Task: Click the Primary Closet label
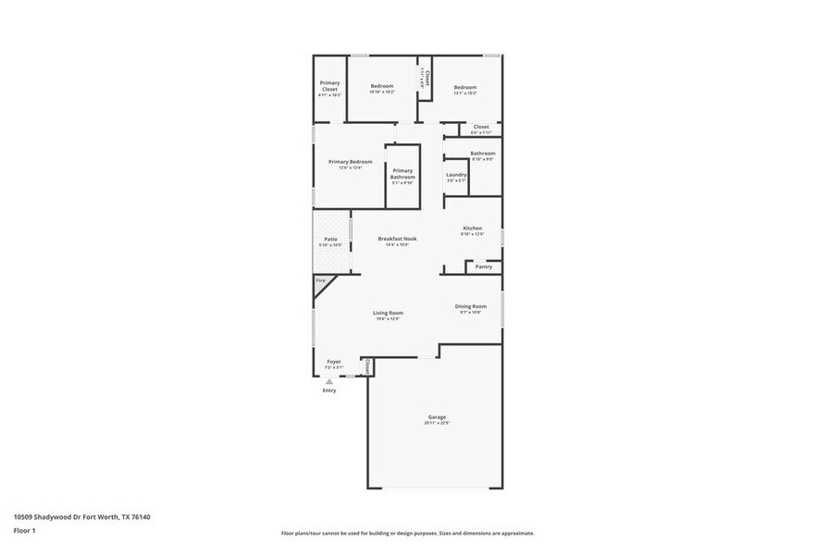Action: point(329,86)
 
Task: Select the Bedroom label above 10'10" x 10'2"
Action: point(382,86)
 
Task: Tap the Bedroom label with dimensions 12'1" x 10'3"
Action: point(464,87)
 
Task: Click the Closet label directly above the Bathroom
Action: point(481,127)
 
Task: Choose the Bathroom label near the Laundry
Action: point(482,154)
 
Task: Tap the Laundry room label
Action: point(456,175)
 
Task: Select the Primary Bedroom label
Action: point(350,162)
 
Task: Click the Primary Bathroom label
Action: point(402,174)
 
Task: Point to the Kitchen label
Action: point(473,229)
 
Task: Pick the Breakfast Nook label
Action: point(397,239)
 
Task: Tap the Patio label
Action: point(330,240)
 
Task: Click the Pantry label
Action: point(484,266)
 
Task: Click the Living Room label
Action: point(388,313)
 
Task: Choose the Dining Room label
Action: point(470,306)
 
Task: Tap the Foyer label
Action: point(334,362)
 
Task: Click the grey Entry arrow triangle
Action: point(329,380)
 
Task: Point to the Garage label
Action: point(437,417)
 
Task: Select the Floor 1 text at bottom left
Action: point(25,531)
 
